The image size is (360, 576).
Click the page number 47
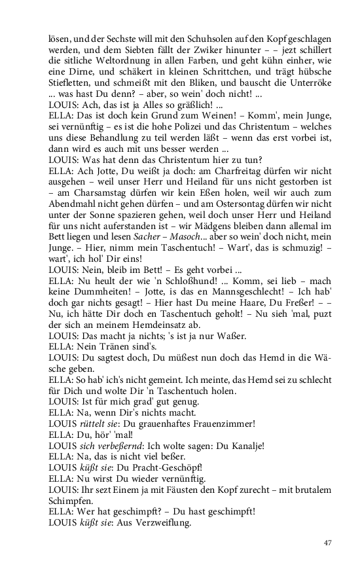pyautogui.click(x=329, y=543)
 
